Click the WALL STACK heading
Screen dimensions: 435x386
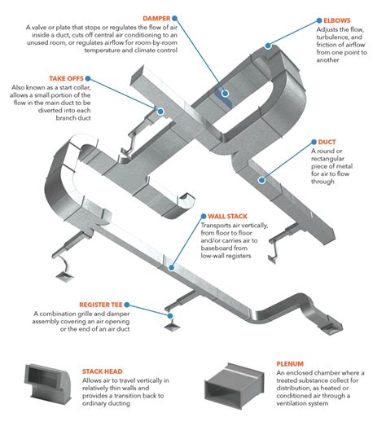pyautogui.click(x=227, y=217)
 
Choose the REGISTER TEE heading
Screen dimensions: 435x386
pyautogui.click(x=57, y=301)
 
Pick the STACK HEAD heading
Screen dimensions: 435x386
pyautogui.click(x=103, y=369)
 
